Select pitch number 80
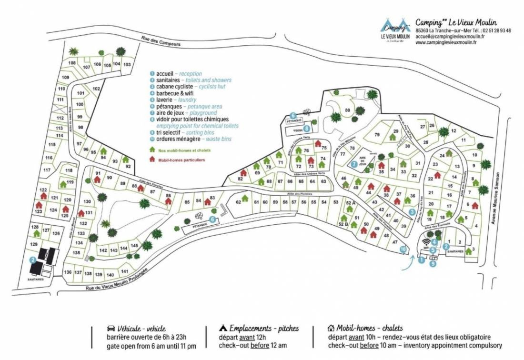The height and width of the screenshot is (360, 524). (347, 110)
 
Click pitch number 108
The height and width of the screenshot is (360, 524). (72, 63)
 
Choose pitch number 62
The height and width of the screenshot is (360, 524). (238, 202)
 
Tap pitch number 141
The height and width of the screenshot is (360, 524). (125, 271)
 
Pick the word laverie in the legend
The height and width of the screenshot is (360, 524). (164, 100)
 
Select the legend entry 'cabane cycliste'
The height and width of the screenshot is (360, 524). (174, 87)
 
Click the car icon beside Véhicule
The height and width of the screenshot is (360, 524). (110, 328)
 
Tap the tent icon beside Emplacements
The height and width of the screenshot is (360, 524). (222, 328)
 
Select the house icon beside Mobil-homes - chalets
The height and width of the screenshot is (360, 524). (331, 328)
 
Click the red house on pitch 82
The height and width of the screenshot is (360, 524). (243, 173)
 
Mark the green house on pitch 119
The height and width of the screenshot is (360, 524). (63, 184)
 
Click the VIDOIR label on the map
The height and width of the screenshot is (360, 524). (298, 129)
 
